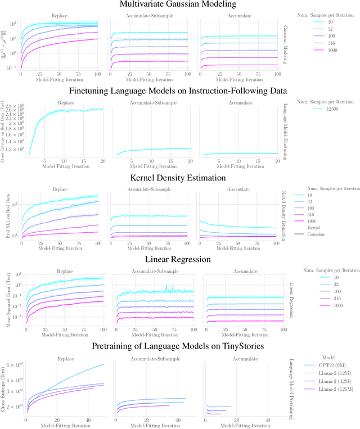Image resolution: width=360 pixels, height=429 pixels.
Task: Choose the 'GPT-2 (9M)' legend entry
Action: click(x=328, y=364)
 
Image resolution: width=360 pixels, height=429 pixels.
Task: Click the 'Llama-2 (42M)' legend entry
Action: click(x=331, y=381)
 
